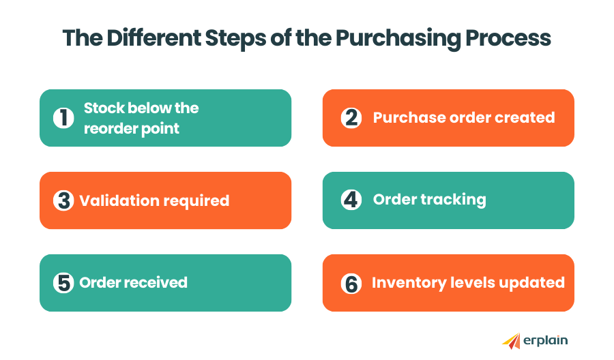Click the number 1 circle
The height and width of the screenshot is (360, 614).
[x=63, y=118]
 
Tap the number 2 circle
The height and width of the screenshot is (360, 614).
[x=351, y=118]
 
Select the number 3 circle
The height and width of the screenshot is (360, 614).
[x=63, y=201]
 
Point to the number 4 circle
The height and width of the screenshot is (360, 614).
[x=351, y=200]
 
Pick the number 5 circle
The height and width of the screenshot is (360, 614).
[x=63, y=283]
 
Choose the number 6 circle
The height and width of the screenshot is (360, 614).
[x=351, y=284]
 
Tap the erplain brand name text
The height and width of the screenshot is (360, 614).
[x=546, y=340]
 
